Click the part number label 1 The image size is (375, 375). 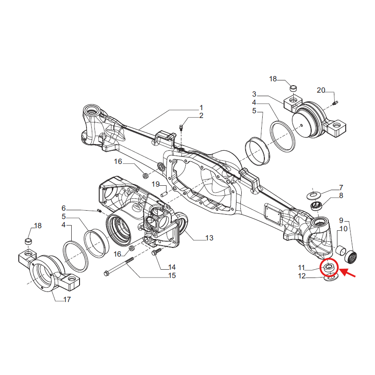(201, 108)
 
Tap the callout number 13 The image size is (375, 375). (209, 238)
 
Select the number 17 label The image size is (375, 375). (66, 299)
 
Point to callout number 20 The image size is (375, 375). (321, 90)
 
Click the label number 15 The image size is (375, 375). (172, 275)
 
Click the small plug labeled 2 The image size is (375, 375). (181, 127)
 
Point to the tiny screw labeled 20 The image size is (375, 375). (335, 103)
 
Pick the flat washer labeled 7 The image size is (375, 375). (313, 193)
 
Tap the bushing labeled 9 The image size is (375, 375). (351, 256)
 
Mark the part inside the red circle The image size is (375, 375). (328, 266)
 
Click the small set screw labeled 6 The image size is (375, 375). (99, 212)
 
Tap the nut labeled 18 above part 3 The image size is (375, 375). (293, 89)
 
